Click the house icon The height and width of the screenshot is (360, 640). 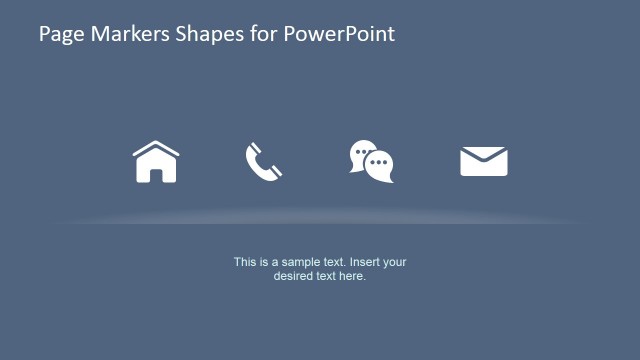(x=155, y=162)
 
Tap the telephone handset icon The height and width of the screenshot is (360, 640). (x=263, y=161)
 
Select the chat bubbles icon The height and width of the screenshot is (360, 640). (x=371, y=162)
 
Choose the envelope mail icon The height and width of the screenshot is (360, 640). (x=483, y=161)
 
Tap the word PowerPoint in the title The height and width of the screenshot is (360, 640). (x=340, y=34)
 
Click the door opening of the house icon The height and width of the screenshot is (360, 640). (x=155, y=174)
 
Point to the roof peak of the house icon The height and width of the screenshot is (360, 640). (x=155, y=143)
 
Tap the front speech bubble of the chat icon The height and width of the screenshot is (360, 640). (x=379, y=166)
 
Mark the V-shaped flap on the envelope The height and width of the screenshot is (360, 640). (x=483, y=155)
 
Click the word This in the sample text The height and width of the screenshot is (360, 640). (x=245, y=262)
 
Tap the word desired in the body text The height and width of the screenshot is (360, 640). (x=293, y=276)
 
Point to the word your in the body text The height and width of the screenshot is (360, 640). (x=395, y=262)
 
